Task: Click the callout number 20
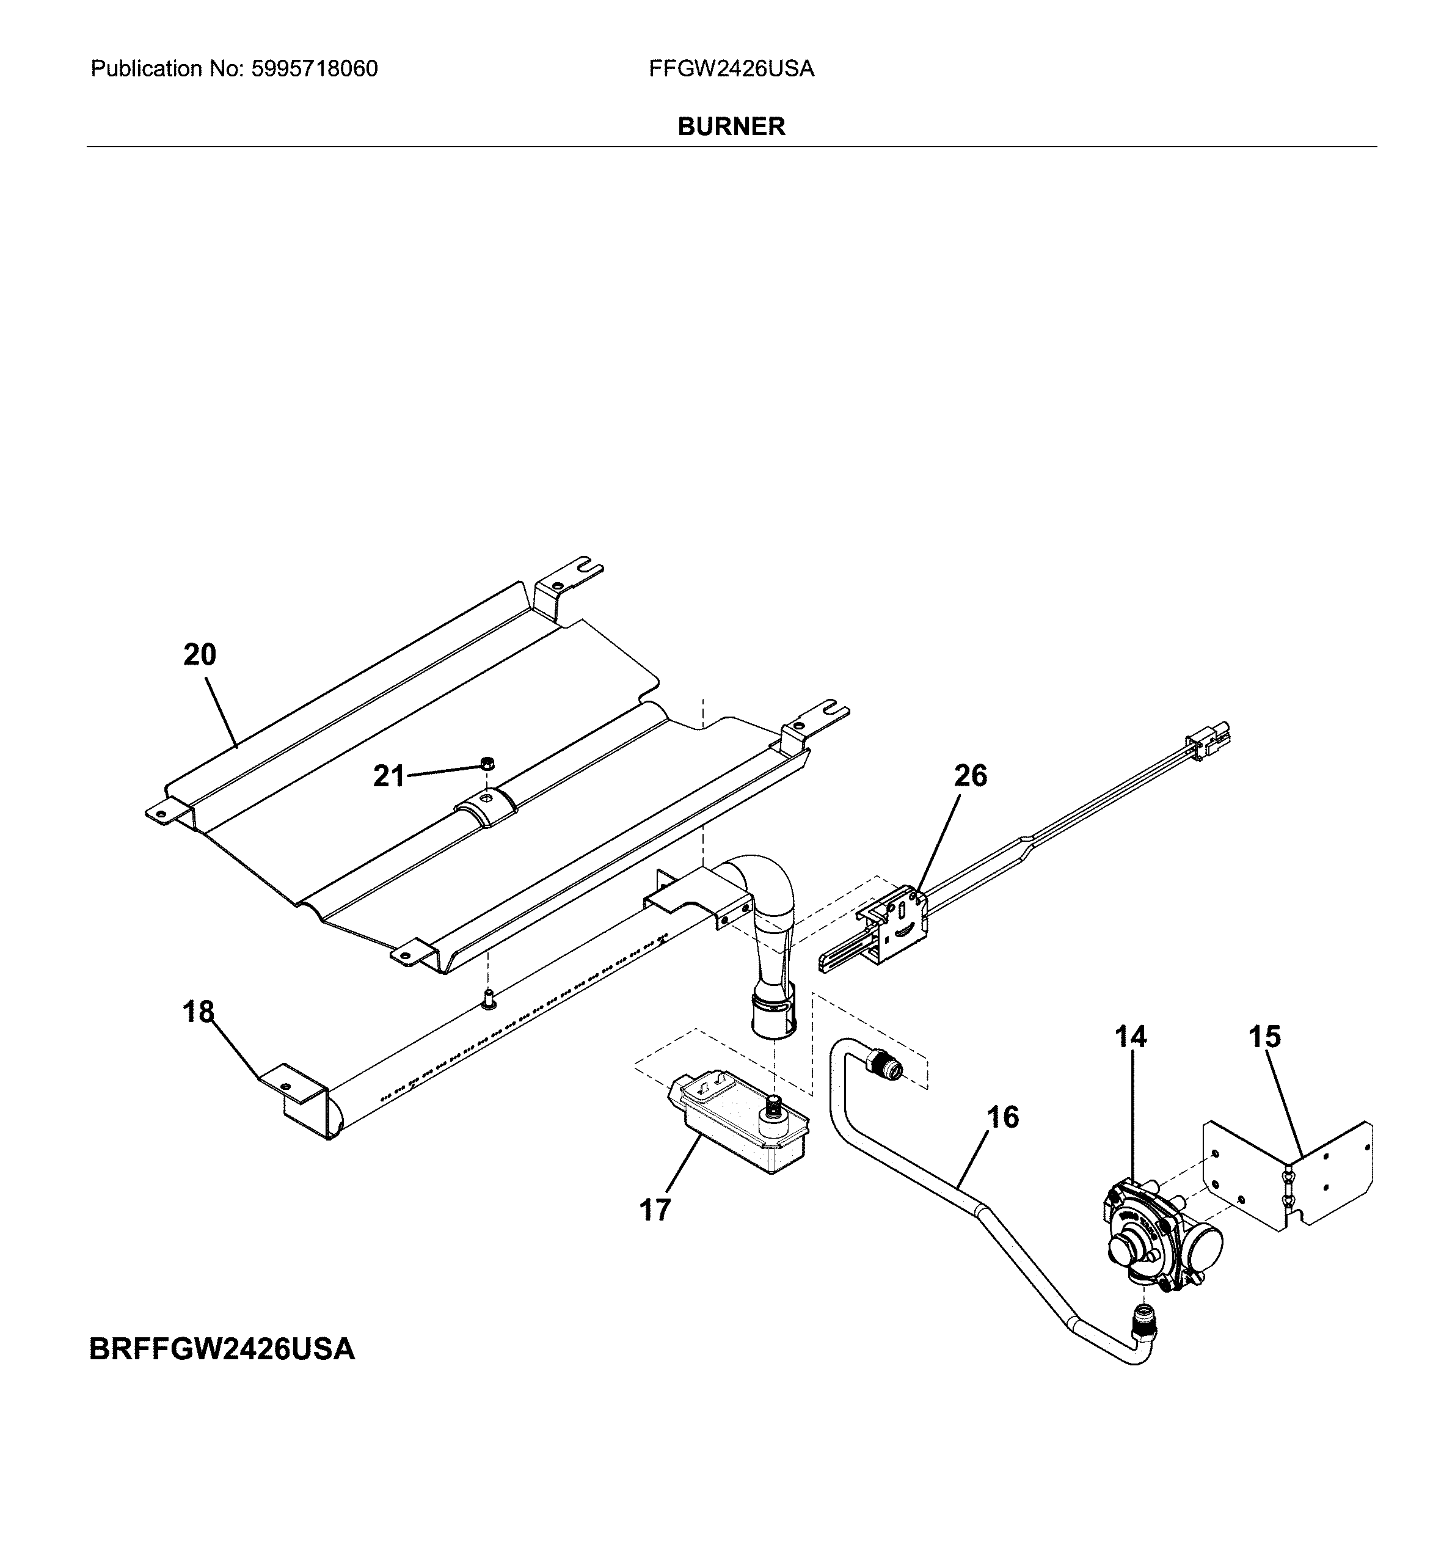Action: click(199, 654)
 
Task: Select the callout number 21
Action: click(388, 776)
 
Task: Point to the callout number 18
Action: click(199, 1012)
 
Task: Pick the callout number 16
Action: click(1002, 1117)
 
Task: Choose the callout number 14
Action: click(1131, 1037)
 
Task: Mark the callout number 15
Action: click(1264, 1037)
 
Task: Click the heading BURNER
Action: click(731, 126)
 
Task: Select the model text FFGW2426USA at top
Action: click(731, 69)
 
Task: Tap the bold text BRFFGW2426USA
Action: click(222, 1349)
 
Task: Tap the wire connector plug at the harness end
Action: click(1207, 741)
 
